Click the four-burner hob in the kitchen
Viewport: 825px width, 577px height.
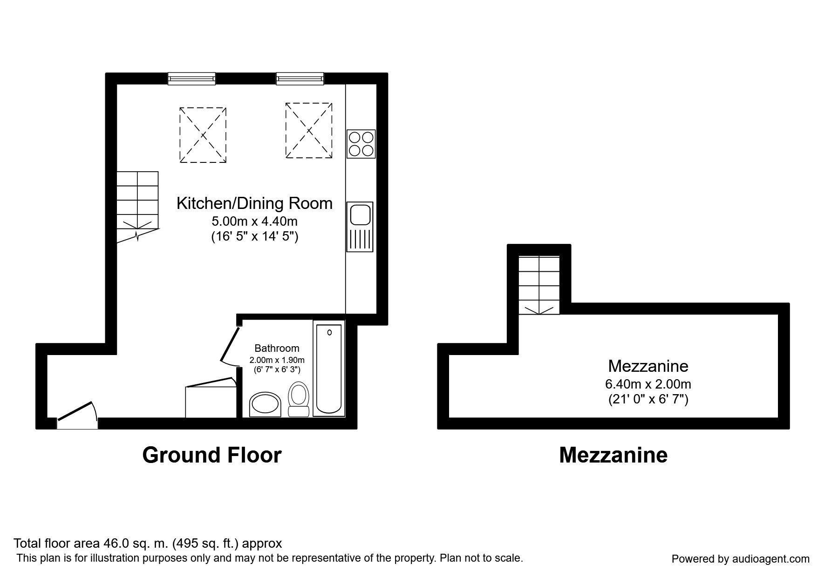tap(361, 144)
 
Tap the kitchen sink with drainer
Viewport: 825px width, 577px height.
tap(360, 227)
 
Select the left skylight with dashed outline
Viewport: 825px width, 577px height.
tap(203, 135)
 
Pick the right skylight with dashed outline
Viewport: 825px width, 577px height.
tap(309, 130)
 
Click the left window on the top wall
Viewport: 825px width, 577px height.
tap(191, 79)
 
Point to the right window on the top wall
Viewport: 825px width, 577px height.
tap(300, 79)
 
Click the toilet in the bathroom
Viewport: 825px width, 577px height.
tap(299, 399)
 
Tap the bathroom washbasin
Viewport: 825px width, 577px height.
tap(265, 404)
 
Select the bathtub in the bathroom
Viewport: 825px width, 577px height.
tap(328, 369)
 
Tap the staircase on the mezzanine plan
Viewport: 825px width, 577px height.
tap(539, 285)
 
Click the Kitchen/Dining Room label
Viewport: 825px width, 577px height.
tap(254, 203)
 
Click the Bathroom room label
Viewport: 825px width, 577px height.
tap(277, 348)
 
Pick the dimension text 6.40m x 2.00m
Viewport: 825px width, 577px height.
tap(648, 384)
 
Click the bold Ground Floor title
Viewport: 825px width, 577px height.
tap(212, 455)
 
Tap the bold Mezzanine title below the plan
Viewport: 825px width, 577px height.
tap(613, 455)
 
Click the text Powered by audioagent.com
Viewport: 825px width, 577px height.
tap(740, 559)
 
